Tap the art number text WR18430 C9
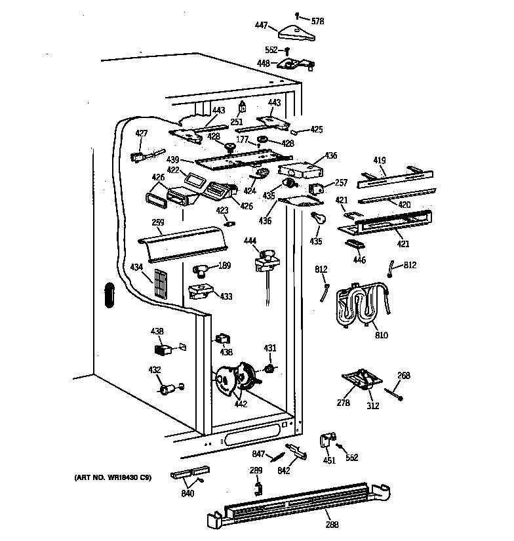113,477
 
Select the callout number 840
188,493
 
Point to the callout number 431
270,348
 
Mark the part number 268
404,375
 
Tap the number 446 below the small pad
359,260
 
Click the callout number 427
141,134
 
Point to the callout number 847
260,454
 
